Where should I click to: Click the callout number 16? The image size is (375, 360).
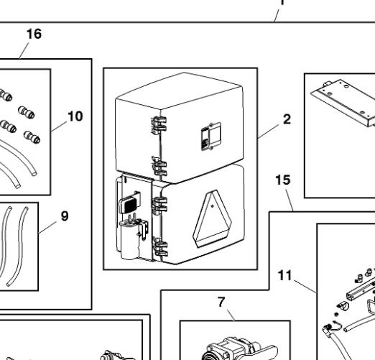(34, 34)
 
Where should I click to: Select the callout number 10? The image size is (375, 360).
(75, 116)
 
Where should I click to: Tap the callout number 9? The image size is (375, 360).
(65, 216)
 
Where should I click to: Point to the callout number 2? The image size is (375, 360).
(287, 119)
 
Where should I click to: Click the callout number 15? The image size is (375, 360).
(283, 180)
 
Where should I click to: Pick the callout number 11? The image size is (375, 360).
(285, 275)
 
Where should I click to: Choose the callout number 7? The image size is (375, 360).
(221, 303)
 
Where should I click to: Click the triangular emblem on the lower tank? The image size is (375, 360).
(212, 218)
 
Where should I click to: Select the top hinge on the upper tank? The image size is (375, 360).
(159, 125)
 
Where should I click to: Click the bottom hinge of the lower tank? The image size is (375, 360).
(160, 248)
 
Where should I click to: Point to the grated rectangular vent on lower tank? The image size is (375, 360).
(129, 203)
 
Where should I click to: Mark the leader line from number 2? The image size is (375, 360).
(269, 131)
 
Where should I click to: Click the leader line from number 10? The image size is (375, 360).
(59, 126)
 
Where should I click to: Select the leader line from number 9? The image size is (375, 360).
(47, 227)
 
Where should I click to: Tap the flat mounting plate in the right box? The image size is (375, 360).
(343, 102)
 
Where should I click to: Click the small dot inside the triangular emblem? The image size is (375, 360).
(213, 206)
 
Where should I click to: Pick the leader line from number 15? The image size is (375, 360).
(290, 200)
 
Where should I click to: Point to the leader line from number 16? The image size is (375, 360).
(24, 50)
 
